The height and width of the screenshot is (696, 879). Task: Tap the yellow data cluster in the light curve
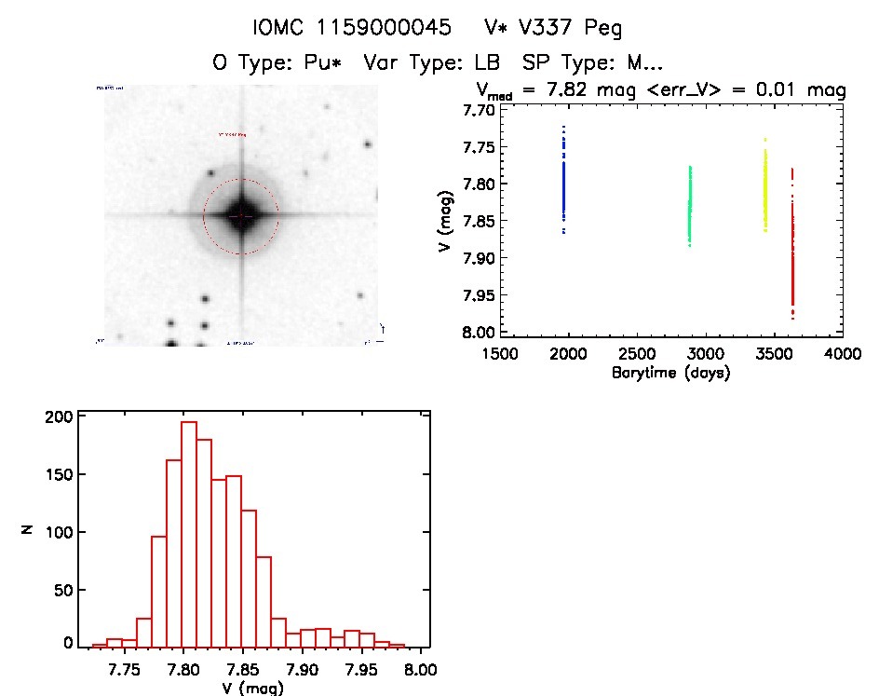point(765,186)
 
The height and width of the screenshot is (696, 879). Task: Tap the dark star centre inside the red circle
point(241,215)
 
